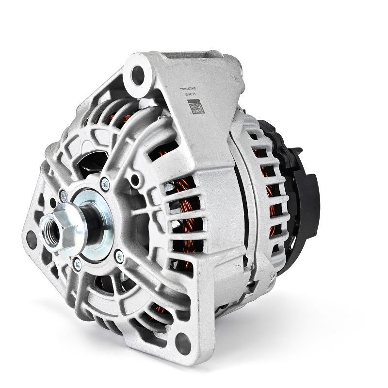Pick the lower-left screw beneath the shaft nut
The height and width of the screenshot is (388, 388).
tap(77, 263)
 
